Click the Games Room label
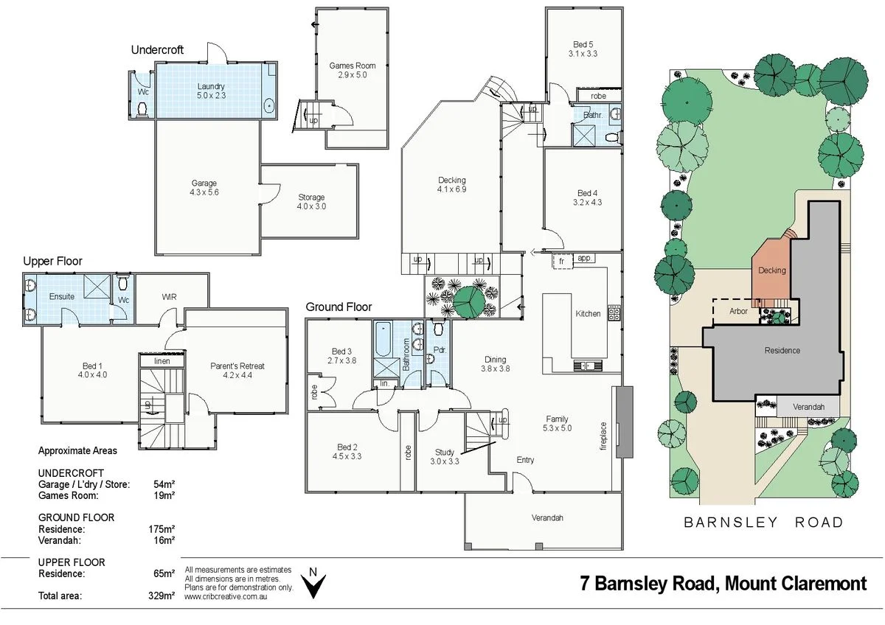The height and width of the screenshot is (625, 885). tap(352, 66)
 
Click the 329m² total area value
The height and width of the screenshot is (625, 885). tap(162, 596)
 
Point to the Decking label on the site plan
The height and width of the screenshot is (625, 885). tap(772, 270)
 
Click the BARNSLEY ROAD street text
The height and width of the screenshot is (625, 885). tap(763, 523)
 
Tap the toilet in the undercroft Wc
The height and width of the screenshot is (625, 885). tap(142, 109)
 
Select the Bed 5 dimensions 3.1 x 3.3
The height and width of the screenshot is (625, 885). tap(582, 53)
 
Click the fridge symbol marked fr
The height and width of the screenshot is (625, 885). tap(561, 260)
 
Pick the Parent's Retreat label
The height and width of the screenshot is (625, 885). tap(237, 366)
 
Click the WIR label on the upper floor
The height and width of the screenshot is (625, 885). tap(170, 298)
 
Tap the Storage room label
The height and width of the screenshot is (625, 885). tap(311, 198)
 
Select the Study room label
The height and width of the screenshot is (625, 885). tap(444, 453)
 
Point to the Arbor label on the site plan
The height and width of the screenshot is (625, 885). tap(737, 312)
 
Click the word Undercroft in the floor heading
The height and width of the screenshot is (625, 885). tap(157, 50)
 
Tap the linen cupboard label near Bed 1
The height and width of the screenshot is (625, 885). tap(162, 361)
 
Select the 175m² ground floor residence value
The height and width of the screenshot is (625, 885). tap(162, 529)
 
